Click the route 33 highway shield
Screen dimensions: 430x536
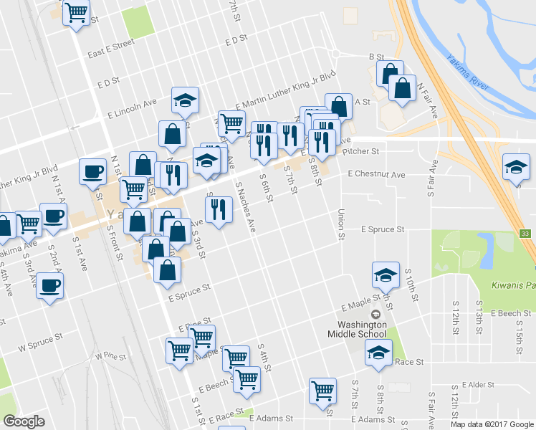(525, 234)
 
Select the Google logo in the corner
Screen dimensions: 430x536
(24, 421)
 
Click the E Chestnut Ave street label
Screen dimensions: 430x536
(376, 174)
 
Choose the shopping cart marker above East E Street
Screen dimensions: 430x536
(76, 12)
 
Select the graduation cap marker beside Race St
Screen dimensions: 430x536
(378, 352)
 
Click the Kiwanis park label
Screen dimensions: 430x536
(512, 285)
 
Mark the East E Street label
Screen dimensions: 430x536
(111, 48)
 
